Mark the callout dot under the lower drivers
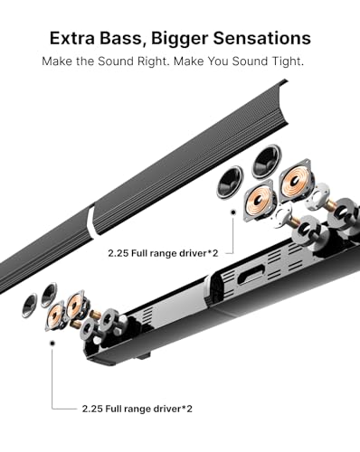tap(52, 344)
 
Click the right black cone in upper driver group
tap(264, 160)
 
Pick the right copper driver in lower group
tap(75, 305)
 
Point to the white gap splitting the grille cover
tap(91, 221)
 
